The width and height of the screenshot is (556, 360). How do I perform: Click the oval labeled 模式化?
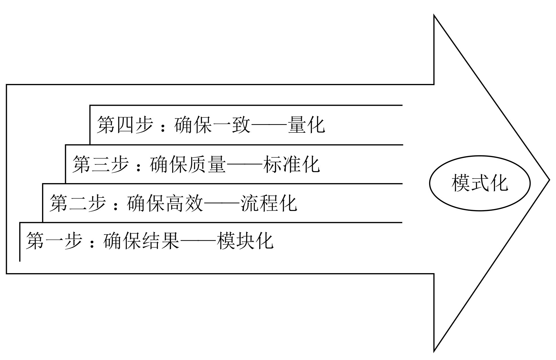coord(480,183)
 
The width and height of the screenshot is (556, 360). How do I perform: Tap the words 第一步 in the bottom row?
coord(54,241)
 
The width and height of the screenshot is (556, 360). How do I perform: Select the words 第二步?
coord(77,203)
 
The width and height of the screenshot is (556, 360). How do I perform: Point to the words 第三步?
coord(100,164)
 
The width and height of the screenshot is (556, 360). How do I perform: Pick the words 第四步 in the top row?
coord(125,125)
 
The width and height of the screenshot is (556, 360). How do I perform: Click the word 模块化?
coord(245,241)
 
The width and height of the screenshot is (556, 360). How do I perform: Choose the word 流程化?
coord(269,203)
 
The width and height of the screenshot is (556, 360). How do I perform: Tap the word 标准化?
coord(291,164)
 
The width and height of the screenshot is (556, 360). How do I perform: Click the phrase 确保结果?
coord(141,241)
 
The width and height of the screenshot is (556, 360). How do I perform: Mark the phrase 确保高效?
coord(165,203)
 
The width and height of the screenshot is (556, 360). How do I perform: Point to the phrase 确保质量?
coord(188,164)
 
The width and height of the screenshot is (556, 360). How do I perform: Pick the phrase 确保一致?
coord(212,125)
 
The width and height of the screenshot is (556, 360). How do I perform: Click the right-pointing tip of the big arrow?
coord(549,180)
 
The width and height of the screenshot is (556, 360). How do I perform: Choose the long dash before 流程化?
coord(221,204)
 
